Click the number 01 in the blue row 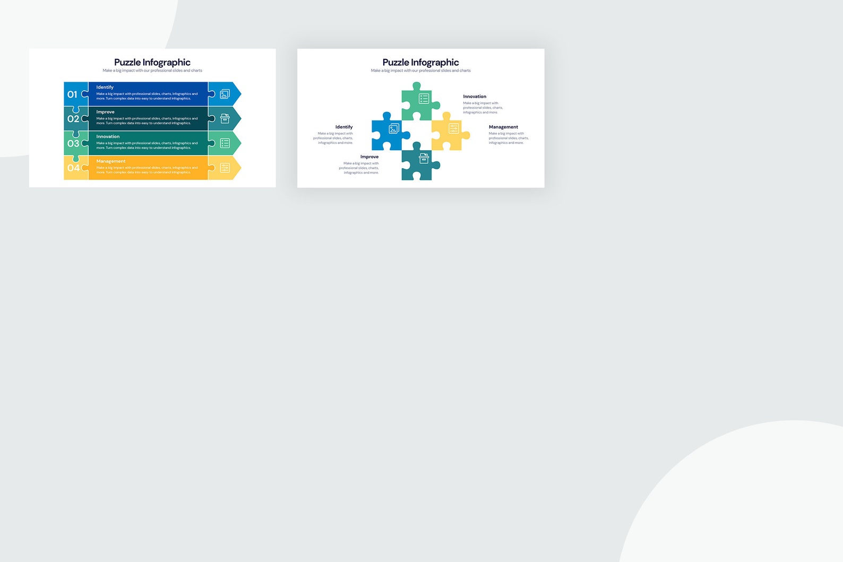pos(72,94)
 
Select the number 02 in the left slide pos(73,119)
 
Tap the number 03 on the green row pos(73,143)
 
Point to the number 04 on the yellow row pos(73,168)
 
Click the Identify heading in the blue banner pos(105,87)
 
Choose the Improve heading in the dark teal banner pos(105,112)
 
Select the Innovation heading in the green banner pos(108,136)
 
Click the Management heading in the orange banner pos(111,161)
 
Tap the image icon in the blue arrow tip pos(225,94)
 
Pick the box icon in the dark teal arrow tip pos(225,119)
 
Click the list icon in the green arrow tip pos(225,143)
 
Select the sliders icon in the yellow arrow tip pos(225,168)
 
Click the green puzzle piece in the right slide pos(417,103)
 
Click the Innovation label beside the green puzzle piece pos(475,97)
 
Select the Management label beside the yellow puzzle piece pos(503,127)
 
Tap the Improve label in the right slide pos(369,157)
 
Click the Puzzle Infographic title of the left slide pos(152,62)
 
